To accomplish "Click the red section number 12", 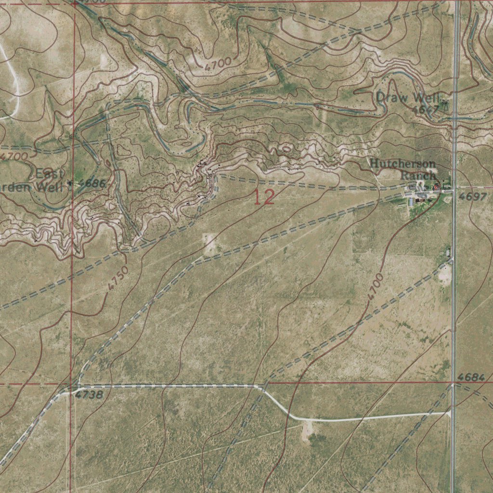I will click(264, 197).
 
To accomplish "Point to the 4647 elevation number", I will click(426, 110).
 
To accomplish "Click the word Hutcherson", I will click(402, 164).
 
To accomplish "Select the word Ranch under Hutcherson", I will click(417, 175).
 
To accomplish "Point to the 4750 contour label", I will click(118, 278).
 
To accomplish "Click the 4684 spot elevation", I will click(471, 377).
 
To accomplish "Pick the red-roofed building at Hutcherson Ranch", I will click(436, 186).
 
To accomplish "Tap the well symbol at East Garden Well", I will click(71, 183).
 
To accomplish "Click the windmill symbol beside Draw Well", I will click(443, 102).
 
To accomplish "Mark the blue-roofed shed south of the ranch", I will click(412, 201).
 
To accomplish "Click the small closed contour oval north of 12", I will click(286, 149).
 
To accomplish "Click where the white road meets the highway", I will click(450, 413).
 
